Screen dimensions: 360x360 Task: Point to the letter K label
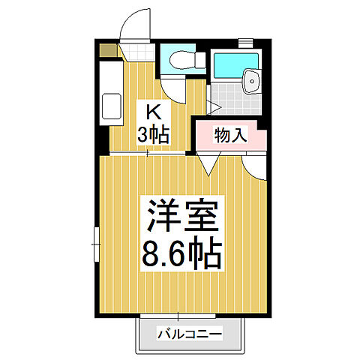tap(152, 113)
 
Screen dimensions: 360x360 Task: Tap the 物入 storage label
tap(230, 135)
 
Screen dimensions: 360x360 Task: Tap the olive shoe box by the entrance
tap(109, 51)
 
